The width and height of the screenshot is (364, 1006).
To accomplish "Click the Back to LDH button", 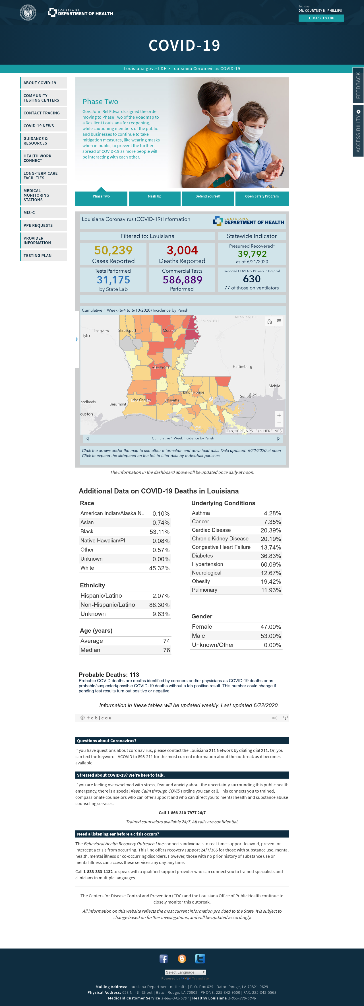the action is point(321,18).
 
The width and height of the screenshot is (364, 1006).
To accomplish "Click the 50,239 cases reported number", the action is point(113,250).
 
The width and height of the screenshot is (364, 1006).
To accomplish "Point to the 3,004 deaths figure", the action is point(182,250).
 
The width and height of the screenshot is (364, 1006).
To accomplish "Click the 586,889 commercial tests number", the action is point(183,280).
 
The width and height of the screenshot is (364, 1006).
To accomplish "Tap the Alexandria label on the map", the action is point(161,367).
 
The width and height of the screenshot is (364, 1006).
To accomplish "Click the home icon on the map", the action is point(269,321).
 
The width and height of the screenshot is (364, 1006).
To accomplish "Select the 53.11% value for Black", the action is point(160,532).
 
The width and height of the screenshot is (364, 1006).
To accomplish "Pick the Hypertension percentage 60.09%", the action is point(271,564).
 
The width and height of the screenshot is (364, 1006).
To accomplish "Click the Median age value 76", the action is point(167,650).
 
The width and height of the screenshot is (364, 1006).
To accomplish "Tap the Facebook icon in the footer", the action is point(164,959).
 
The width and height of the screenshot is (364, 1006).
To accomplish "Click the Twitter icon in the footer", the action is point(200,959).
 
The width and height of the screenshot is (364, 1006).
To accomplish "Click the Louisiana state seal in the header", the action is point(28,13).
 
